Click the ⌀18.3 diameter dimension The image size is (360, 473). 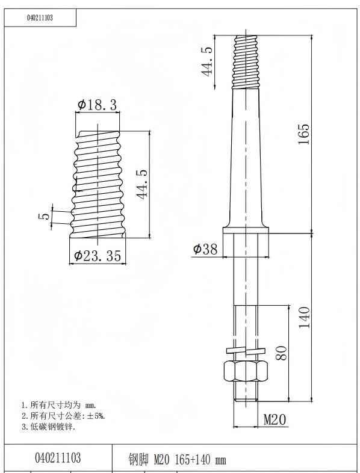pos(97,105)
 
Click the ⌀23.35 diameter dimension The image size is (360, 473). pos(98,256)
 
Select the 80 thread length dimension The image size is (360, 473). pos(281,352)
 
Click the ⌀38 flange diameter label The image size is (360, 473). pos(205,249)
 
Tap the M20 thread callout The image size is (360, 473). pos(275,419)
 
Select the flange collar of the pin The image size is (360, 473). pos(246,230)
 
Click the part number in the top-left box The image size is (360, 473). pos(40,18)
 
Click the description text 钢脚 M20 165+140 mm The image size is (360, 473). pos(177,460)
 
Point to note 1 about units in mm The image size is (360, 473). pos(58,405)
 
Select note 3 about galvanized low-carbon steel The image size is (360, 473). pos(48,427)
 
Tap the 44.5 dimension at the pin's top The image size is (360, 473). pos(208,61)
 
